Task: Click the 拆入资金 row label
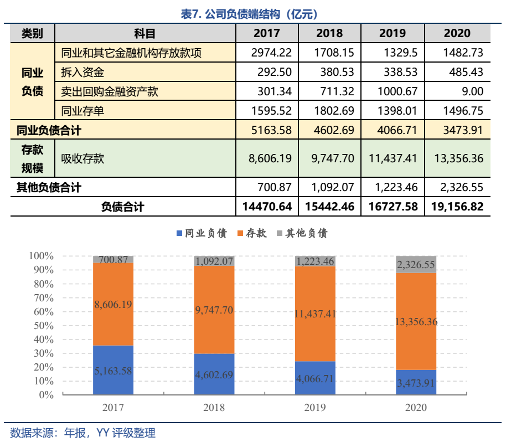[x=83, y=72]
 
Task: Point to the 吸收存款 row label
[x=83, y=158]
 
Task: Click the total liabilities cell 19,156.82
[x=457, y=207]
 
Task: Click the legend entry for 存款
[x=252, y=233]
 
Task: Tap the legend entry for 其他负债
[x=302, y=233]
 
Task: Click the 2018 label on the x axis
[x=214, y=408]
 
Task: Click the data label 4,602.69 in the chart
[x=214, y=374]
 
